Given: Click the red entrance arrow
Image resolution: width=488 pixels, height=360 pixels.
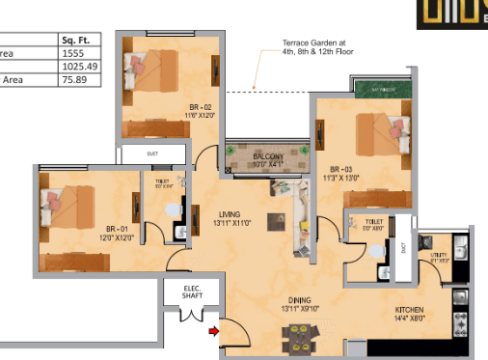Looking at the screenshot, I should pyautogui.click(x=213, y=333).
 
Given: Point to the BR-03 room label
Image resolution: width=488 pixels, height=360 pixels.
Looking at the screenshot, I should pyautogui.click(x=341, y=172).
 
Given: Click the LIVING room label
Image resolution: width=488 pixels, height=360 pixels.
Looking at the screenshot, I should pyautogui.click(x=229, y=217).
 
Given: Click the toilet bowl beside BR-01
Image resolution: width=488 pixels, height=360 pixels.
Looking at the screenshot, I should pyautogui.click(x=174, y=209).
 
